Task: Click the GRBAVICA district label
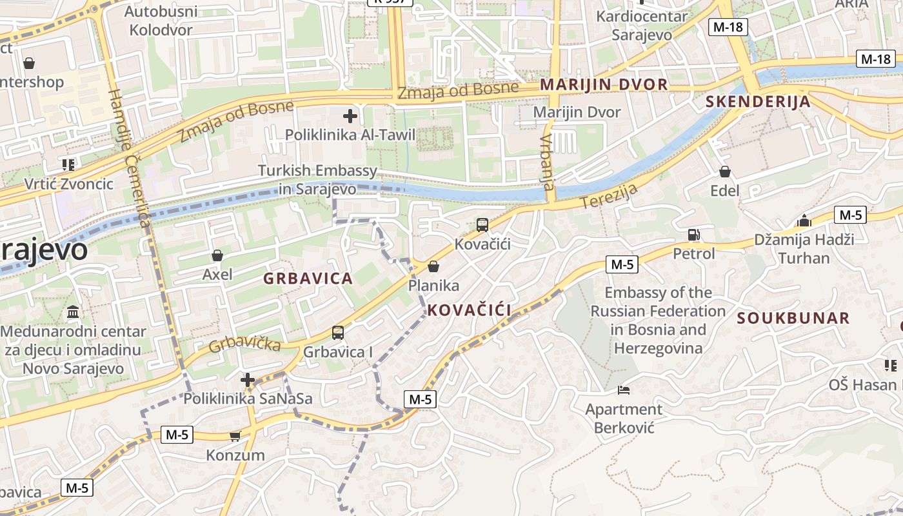308,279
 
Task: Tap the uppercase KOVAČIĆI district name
469,310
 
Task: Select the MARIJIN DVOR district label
604,84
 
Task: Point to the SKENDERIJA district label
758,101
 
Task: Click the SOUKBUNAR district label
793,318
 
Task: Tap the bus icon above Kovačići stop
482,225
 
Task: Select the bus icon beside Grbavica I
338,333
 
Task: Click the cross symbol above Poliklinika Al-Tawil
350,116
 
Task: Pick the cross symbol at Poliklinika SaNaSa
248,379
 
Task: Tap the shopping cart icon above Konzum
235,437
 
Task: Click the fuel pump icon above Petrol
693,235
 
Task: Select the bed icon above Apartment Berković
623,390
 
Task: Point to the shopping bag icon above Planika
433,266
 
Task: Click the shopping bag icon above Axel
217,255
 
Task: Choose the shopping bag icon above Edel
725,172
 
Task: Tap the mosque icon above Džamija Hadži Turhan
804,221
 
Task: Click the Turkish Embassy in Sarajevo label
317,180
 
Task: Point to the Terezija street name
609,196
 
